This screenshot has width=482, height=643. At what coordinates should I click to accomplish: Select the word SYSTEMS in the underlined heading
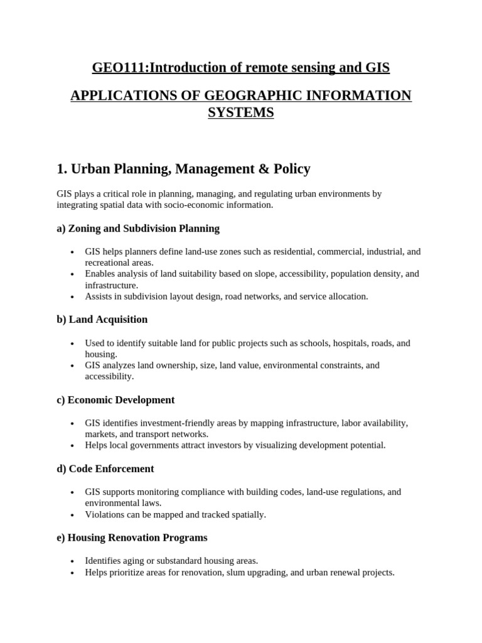coord(241,113)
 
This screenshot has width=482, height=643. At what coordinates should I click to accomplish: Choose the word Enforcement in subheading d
coord(125,469)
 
